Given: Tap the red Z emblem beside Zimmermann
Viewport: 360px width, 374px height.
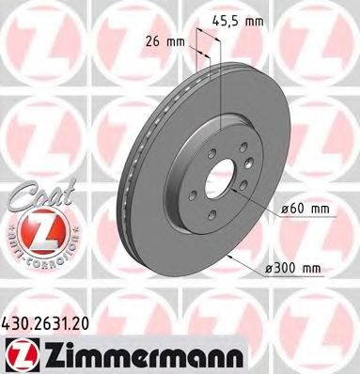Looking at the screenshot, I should point(20,351).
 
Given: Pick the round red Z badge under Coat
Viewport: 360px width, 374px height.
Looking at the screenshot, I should point(32,228).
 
